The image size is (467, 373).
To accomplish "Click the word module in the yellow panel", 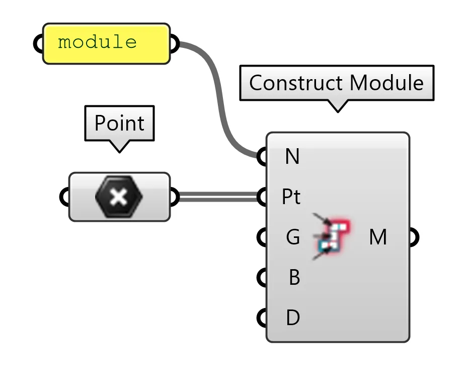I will pos(97,42).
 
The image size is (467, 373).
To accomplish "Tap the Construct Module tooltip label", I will pos(336,83).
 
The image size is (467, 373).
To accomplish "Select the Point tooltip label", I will pos(119,123).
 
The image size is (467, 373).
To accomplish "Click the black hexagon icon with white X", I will pos(119,197).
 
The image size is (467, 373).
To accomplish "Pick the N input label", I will pos(292,157).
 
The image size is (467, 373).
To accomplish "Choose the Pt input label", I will pos(291,197).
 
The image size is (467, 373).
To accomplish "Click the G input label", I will pos(293,237).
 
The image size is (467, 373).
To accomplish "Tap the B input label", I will pos(294,277).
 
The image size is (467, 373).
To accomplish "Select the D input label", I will pos(293,318).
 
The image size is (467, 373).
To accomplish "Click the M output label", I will pos(378,237).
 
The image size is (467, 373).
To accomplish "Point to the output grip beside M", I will pos(413,237).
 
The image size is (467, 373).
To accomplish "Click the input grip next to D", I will pos(262,318).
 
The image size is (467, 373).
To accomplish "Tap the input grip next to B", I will pos(262,278).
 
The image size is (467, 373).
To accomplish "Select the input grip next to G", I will pos(262,237).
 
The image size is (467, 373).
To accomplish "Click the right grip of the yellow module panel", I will pos(174,44).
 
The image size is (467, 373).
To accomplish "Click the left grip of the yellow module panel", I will pos(38,44).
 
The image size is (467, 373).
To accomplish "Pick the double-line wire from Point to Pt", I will pos(216,197).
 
